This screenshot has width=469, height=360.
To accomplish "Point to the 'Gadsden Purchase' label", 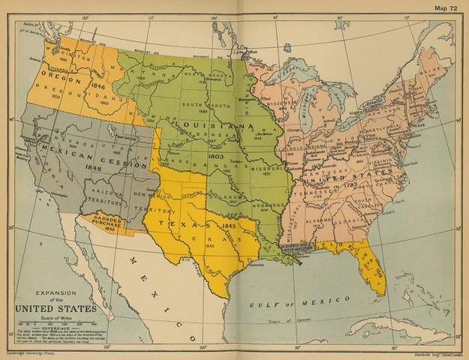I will tap(105, 223).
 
